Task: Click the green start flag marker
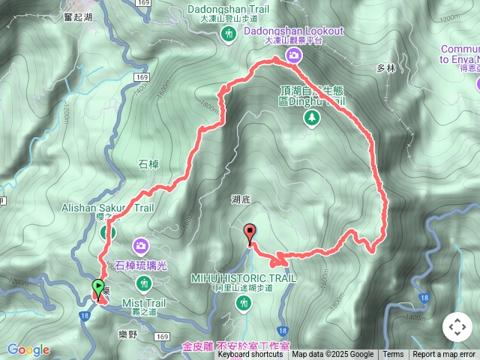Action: coord(98,287)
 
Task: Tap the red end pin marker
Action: coord(250,232)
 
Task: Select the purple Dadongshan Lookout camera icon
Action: coord(295,55)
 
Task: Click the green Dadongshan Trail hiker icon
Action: coord(228,34)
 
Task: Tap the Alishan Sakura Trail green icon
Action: coord(108,232)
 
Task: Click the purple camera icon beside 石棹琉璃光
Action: coord(141,245)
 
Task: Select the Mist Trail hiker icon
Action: coord(143,283)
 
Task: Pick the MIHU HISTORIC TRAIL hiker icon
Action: coord(242,303)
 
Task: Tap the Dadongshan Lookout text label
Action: coord(294,31)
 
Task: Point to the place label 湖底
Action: coord(241,199)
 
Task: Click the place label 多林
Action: coord(385,68)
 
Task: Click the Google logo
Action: coord(28,349)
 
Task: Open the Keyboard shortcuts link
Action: coord(250,355)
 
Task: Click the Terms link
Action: coord(393,355)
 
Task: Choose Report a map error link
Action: coord(445,355)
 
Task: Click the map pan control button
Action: coord(457,327)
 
